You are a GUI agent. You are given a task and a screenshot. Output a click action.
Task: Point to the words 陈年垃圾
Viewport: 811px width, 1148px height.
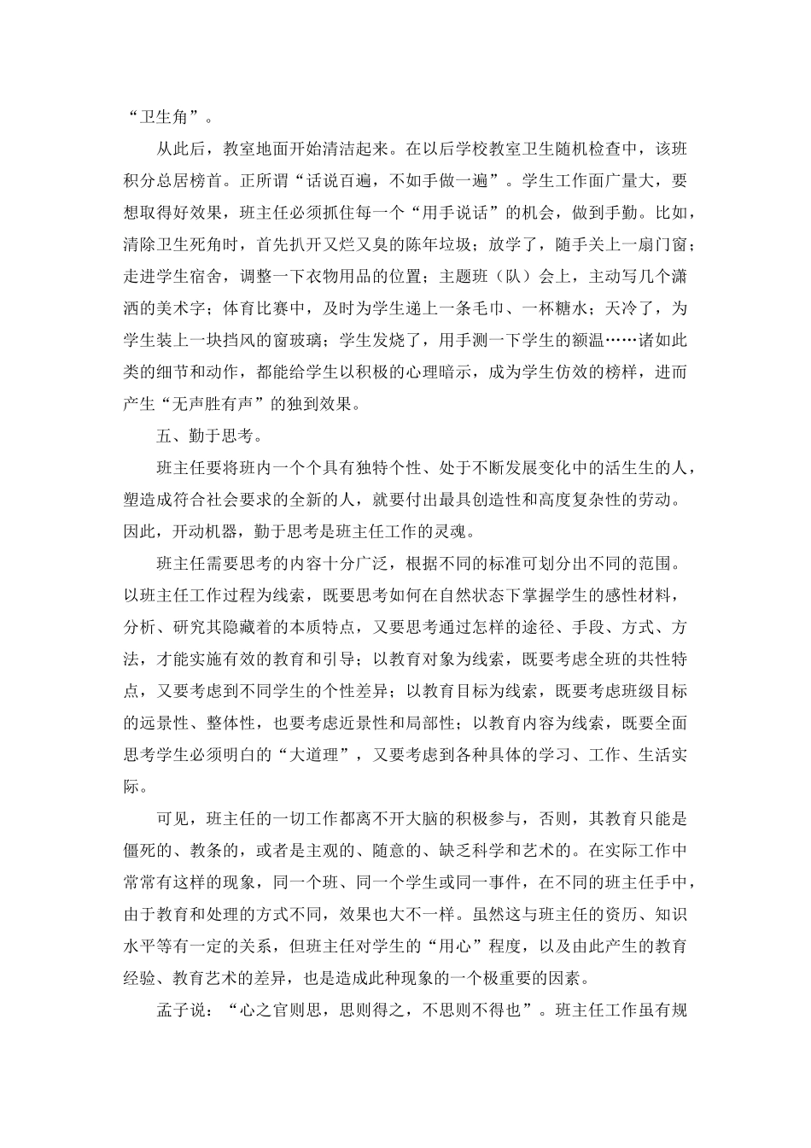[x=435, y=244]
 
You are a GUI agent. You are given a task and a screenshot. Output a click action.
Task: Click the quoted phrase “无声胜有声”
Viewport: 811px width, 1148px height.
[x=215, y=402]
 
